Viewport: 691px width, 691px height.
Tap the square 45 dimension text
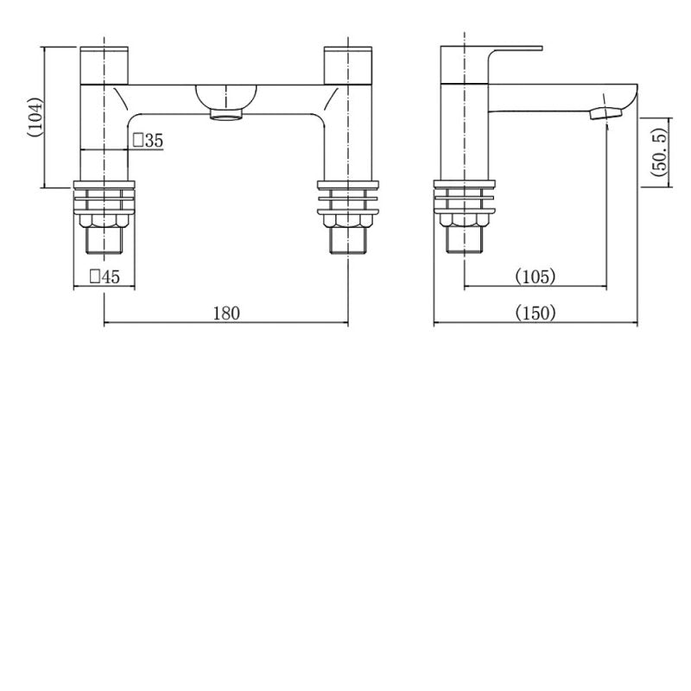click(105, 277)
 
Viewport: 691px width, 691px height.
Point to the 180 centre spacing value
click(225, 313)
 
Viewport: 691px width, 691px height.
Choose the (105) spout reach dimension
click(536, 277)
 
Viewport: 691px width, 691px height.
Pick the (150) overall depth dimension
click(536, 313)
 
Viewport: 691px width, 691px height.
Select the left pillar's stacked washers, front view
click(105, 198)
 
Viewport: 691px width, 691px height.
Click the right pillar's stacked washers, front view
click(348, 198)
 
